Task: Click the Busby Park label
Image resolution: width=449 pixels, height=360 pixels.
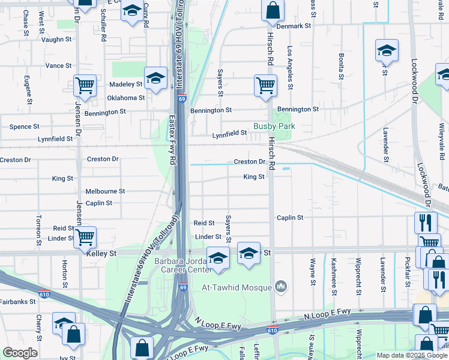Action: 276,127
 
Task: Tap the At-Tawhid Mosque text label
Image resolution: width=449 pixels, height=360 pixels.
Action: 237,287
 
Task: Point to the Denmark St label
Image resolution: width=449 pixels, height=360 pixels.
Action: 294,26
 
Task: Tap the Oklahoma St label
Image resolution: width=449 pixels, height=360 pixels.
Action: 125,98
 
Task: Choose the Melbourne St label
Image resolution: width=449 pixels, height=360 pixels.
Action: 105,191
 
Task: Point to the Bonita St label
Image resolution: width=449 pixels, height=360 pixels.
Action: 341,66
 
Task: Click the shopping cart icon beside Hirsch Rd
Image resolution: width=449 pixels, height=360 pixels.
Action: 265,85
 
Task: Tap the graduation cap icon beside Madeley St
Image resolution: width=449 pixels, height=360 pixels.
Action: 155,78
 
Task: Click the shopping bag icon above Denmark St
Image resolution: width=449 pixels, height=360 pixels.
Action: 273,10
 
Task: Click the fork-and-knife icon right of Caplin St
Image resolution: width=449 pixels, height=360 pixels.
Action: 426,223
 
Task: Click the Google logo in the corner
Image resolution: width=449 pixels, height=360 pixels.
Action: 20,353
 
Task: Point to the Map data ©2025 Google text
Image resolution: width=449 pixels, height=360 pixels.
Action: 411,355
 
